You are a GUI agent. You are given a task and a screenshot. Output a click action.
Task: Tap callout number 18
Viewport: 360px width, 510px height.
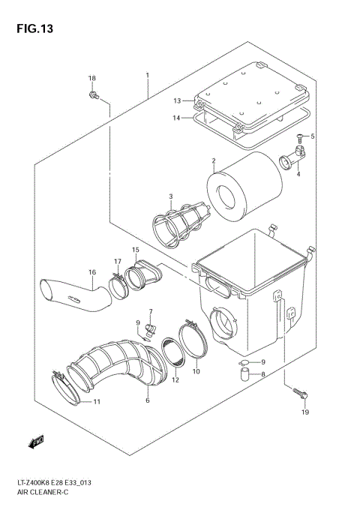92,79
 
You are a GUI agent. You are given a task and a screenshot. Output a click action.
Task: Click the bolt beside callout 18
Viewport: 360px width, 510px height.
93,95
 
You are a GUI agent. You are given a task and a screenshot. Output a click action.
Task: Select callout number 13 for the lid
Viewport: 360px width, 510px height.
178,100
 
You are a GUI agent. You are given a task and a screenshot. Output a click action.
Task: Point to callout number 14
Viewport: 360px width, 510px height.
176,118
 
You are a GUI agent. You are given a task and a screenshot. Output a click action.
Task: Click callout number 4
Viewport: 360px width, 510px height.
298,174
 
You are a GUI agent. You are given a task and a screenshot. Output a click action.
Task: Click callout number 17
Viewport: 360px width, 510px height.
118,261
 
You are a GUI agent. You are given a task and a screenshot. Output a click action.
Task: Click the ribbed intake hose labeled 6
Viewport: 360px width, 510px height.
124,367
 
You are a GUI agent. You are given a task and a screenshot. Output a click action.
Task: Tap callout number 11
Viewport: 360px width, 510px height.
96,402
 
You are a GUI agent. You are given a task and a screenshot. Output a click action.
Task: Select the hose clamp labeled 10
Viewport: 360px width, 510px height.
196,341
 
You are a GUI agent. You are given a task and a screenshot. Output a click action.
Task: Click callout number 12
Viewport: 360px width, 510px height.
175,379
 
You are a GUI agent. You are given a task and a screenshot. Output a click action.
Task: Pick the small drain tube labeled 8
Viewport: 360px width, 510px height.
244,376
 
